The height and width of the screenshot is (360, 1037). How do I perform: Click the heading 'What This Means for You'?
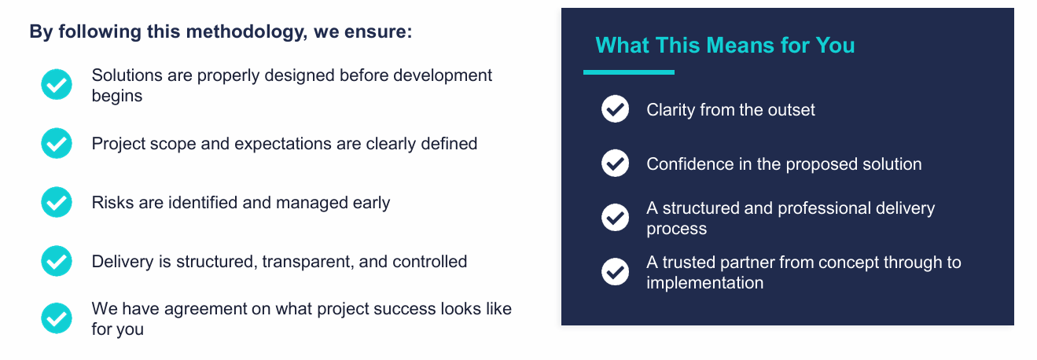725,45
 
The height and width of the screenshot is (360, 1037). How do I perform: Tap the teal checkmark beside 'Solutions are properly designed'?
57,85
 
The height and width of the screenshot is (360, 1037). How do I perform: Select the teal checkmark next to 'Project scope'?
57,144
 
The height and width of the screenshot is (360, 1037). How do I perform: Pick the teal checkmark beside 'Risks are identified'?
57,203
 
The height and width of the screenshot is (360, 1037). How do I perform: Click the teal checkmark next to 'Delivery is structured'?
57,261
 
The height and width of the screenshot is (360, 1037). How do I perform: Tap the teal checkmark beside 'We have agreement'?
57,318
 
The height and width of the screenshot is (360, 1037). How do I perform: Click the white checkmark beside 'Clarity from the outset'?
615,109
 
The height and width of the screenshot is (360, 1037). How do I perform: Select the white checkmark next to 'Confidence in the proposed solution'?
615,163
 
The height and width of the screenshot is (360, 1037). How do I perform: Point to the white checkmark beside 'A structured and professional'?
615,218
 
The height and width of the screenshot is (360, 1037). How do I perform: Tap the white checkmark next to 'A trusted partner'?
615,272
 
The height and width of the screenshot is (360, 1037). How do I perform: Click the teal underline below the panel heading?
628,72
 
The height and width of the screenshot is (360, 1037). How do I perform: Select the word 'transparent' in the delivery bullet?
303,261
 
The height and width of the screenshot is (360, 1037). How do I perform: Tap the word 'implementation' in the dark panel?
704,283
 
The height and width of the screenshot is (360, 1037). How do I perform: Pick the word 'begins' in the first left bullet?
116,96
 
